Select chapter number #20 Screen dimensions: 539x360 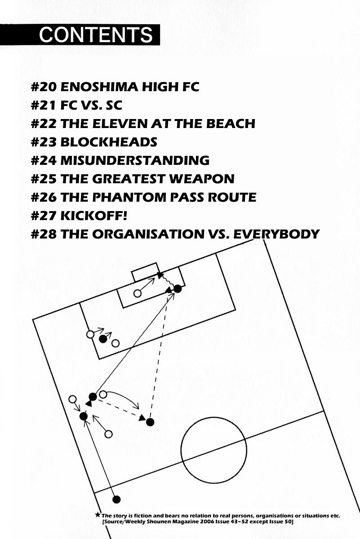[43, 87]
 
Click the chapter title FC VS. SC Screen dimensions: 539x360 [91, 105]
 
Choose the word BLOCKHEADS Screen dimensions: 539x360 [109, 142]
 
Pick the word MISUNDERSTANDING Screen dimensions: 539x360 [135, 160]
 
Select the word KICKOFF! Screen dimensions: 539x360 [94, 216]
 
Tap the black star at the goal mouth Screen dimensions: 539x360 [160, 274]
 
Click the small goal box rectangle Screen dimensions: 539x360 [145, 272]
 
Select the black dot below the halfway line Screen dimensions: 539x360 [117, 499]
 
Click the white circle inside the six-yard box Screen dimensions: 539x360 [138, 293]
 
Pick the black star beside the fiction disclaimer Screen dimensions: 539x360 [98, 515]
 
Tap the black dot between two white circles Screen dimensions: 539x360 [103, 339]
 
